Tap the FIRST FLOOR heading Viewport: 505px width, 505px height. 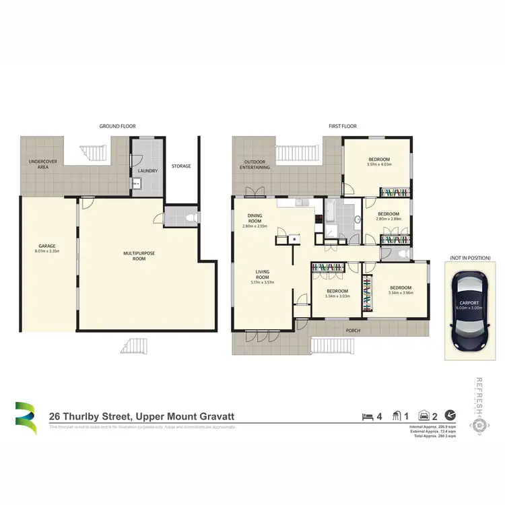(343, 127)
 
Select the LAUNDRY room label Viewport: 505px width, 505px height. (147, 171)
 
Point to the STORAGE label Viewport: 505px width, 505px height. (181, 166)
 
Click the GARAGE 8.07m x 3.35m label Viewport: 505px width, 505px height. (46, 248)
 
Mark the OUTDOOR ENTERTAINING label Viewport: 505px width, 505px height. (257, 164)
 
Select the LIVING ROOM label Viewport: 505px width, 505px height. (263, 277)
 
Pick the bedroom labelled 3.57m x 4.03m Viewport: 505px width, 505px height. (378, 162)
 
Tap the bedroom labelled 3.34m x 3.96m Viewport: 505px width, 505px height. (399, 290)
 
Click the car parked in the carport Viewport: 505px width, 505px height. (469, 310)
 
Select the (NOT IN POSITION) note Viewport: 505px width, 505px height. (469, 258)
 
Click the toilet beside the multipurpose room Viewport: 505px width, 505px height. (191, 217)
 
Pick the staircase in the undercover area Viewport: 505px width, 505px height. (94, 154)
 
